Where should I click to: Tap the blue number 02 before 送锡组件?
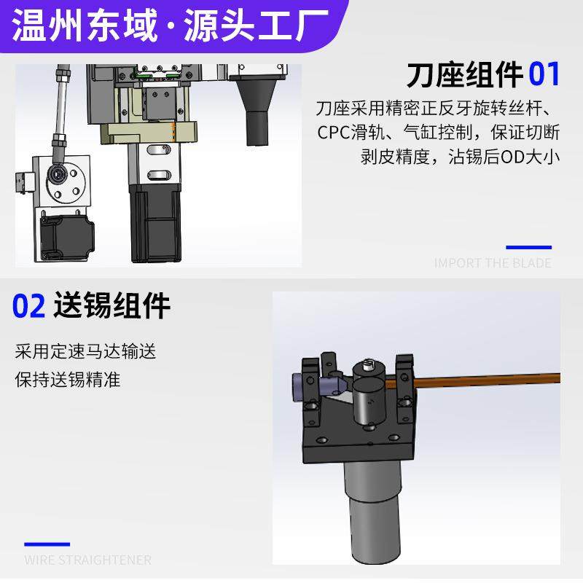point(29,306)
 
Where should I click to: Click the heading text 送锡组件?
point(111,306)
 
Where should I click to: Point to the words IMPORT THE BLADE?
point(493,263)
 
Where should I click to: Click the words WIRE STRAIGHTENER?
point(87,560)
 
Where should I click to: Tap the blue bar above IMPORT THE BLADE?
point(528,247)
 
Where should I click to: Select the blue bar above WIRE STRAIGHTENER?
point(47,544)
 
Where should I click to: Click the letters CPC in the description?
point(334,133)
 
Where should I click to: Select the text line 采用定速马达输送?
point(85,352)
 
